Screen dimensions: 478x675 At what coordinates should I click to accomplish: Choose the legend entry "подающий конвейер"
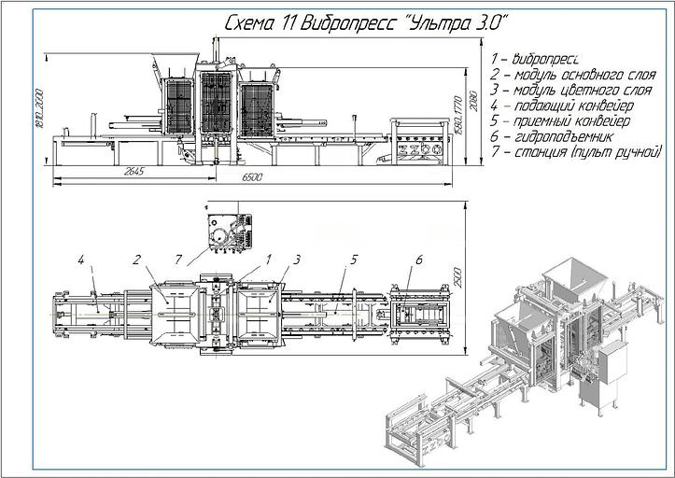tap(557, 105)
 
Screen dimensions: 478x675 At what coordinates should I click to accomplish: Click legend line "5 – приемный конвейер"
tap(559, 120)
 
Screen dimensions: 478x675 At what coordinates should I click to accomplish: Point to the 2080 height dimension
tap(474, 98)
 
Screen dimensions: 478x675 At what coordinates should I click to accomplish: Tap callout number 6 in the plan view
tap(419, 259)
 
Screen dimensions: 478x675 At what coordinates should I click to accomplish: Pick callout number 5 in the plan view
tap(353, 259)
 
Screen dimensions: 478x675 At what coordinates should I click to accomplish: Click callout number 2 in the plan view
tap(136, 260)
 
